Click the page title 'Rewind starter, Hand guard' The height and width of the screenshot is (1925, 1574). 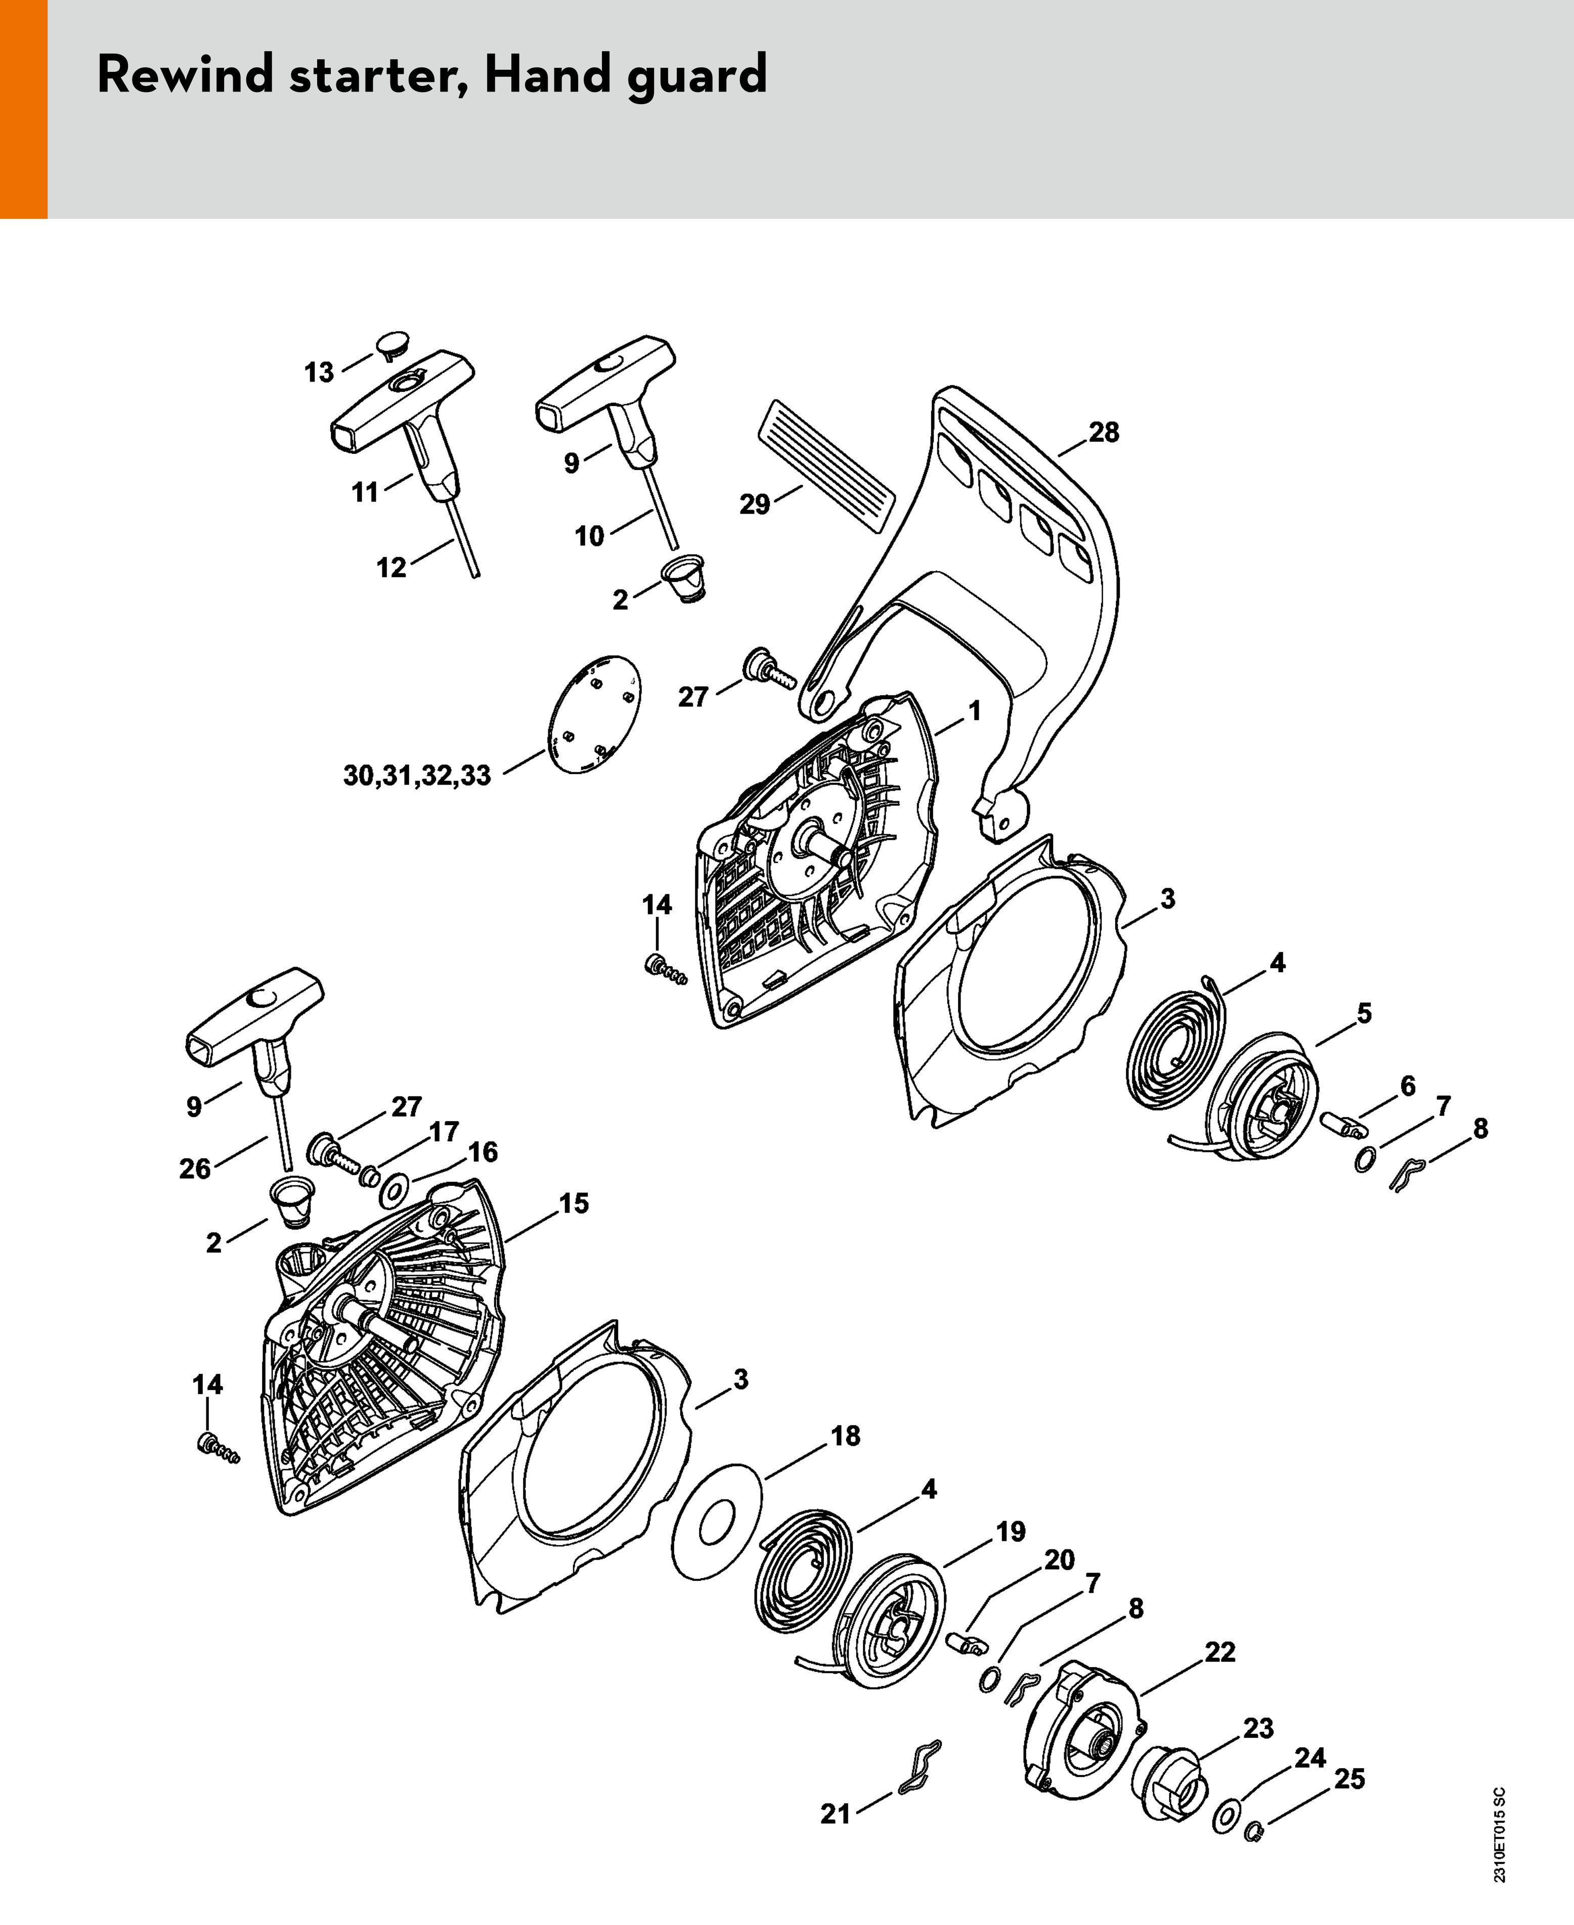click(431, 74)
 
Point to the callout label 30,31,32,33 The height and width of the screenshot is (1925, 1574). click(417, 776)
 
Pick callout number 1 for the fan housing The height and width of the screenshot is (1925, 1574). click(975, 711)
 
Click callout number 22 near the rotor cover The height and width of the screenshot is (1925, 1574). click(1219, 1652)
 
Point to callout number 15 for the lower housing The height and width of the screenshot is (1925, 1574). click(573, 1204)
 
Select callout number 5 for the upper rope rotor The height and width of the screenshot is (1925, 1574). click(1364, 1013)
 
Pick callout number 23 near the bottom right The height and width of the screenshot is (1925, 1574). click(1257, 1728)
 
